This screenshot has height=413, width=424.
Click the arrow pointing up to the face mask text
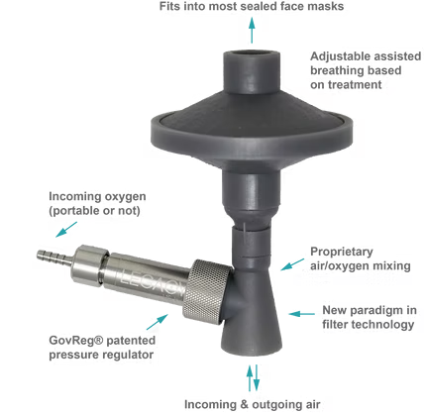click(x=252, y=30)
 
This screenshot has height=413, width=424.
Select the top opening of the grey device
click(x=252, y=54)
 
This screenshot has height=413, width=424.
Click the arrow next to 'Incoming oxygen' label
click(x=66, y=229)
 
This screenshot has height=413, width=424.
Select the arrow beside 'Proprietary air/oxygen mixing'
click(x=292, y=264)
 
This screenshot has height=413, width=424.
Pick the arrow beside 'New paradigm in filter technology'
click(x=301, y=314)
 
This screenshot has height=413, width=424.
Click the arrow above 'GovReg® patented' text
click(x=158, y=322)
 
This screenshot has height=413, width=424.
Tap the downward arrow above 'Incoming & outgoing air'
click(x=257, y=377)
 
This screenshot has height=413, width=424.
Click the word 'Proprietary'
click(x=342, y=253)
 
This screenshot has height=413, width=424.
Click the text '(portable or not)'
click(x=94, y=211)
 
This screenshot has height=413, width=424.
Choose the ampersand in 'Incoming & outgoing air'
click(x=245, y=404)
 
